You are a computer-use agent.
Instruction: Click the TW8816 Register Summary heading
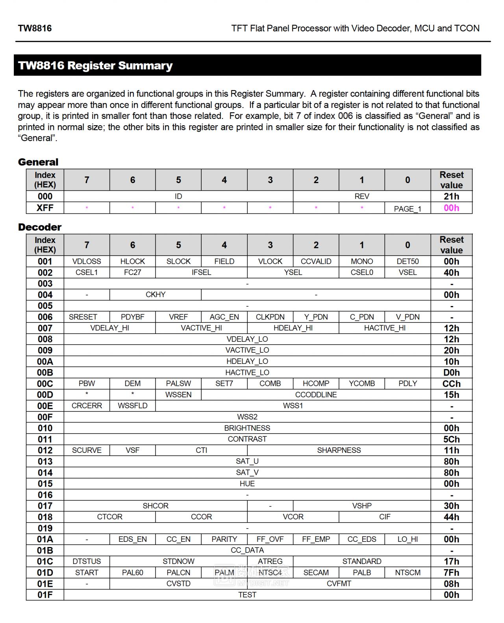(x=95, y=65)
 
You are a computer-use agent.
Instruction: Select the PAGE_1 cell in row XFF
(x=408, y=209)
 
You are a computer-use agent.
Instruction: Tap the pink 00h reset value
(x=451, y=208)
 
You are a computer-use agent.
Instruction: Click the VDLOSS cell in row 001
(x=87, y=261)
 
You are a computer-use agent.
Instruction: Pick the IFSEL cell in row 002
(x=201, y=273)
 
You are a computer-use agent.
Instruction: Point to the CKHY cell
(x=156, y=295)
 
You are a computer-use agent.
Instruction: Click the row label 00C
(x=45, y=384)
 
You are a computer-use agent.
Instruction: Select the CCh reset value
(x=451, y=384)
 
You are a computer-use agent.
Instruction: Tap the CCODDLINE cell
(x=316, y=395)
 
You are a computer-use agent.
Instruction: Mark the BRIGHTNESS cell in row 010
(x=247, y=428)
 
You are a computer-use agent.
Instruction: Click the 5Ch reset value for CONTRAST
(x=451, y=439)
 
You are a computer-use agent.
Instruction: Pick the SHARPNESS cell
(x=339, y=450)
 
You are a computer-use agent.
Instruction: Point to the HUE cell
(x=247, y=484)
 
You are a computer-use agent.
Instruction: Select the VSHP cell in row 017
(x=362, y=506)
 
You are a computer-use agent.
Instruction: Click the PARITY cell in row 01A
(x=224, y=540)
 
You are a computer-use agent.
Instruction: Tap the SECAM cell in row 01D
(x=316, y=573)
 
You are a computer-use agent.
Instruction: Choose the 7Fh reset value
(x=451, y=573)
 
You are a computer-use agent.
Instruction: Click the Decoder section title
(x=40, y=227)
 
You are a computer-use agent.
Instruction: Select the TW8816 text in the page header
(x=35, y=28)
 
